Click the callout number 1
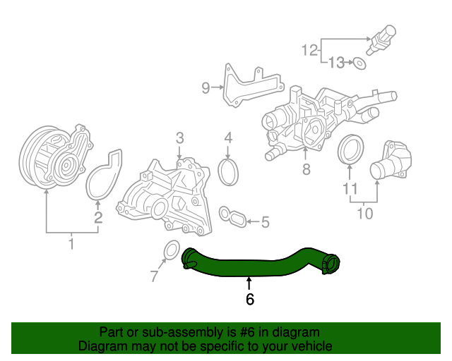(71, 244)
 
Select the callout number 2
(99, 218)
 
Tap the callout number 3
(180, 137)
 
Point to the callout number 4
(228, 137)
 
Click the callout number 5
(265, 223)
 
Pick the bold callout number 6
(249, 299)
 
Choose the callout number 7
(155, 277)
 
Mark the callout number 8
(306, 169)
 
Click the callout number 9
(206, 88)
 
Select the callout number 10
(364, 212)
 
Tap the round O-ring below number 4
(229, 173)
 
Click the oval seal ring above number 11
(351, 149)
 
